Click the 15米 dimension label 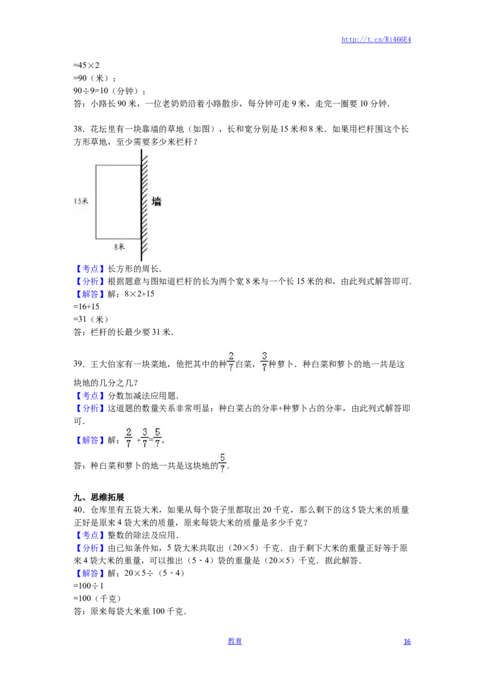[81, 201]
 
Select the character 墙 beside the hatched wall [157, 202]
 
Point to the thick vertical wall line [142, 206]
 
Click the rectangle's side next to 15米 [96, 201]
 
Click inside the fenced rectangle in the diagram [119, 201]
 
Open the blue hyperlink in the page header [376, 40]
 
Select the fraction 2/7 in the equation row [128, 438]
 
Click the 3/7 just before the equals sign [145, 438]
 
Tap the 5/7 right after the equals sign [157, 438]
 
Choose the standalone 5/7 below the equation [222, 463]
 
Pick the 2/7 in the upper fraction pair [230, 361]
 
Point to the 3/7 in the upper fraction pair [264, 361]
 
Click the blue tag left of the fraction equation [91, 441]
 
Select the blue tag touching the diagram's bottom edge [91, 269]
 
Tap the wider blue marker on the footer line [235, 641]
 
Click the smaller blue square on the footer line [407, 641]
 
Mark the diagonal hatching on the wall [146, 230]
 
